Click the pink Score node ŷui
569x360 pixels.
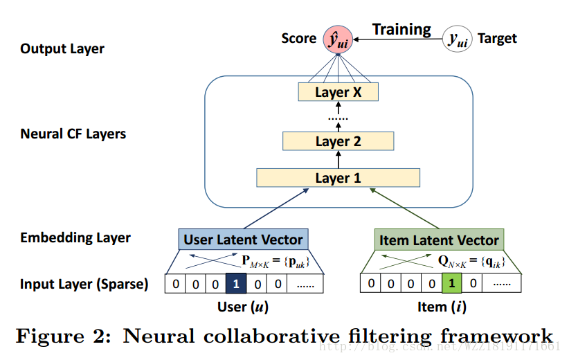[338, 39]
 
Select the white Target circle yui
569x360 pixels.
[457, 39]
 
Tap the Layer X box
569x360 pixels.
[338, 92]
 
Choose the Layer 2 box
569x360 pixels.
[338, 141]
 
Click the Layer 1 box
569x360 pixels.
[338, 178]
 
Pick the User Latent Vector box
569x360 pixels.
[243, 240]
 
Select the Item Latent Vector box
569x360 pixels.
[439, 240]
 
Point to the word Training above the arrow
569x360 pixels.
[401, 29]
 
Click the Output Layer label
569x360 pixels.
[62, 48]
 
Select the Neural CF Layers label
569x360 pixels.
[73, 134]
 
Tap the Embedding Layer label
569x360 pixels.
[75, 237]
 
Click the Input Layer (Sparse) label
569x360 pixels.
[84, 284]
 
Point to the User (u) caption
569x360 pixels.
[242, 305]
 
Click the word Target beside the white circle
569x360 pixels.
[497, 39]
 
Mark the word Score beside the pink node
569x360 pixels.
[299, 39]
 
